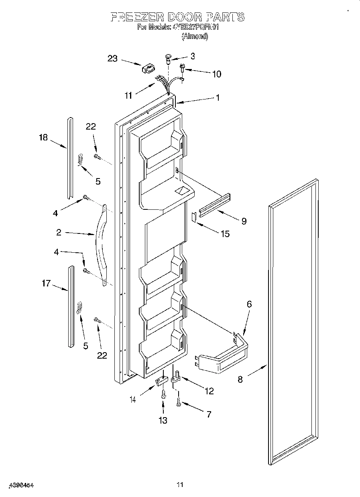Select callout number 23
pos(112,59)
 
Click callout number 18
pos(43,138)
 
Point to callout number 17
pos(46,284)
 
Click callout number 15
pos(225,233)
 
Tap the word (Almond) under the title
pos(195,37)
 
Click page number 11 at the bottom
pos(180,485)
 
